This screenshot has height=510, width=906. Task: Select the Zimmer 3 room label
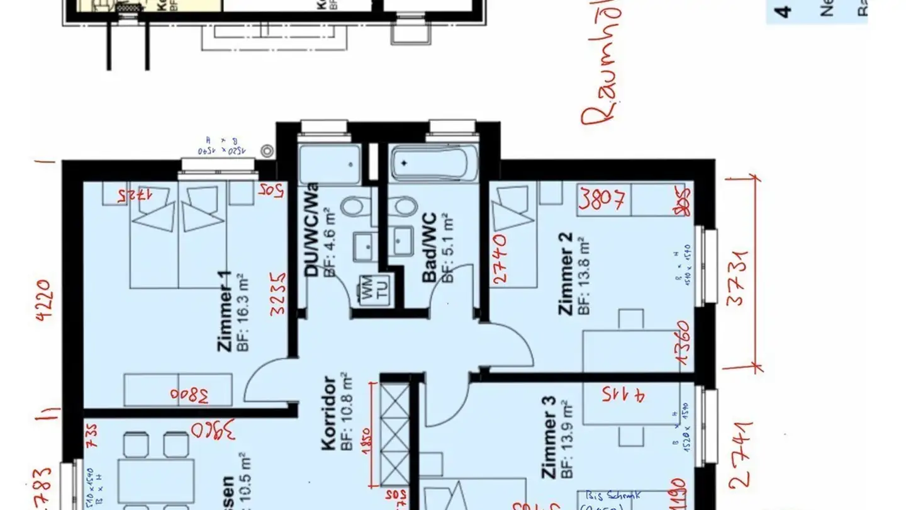click(x=548, y=436)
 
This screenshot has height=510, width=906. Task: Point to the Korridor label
click(x=328, y=413)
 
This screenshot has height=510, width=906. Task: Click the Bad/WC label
click(x=429, y=247)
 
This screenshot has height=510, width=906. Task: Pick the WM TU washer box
click(x=373, y=290)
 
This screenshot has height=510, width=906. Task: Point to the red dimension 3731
click(x=739, y=278)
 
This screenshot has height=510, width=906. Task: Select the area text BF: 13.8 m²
click(x=584, y=276)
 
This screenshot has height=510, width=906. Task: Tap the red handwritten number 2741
click(x=741, y=455)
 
